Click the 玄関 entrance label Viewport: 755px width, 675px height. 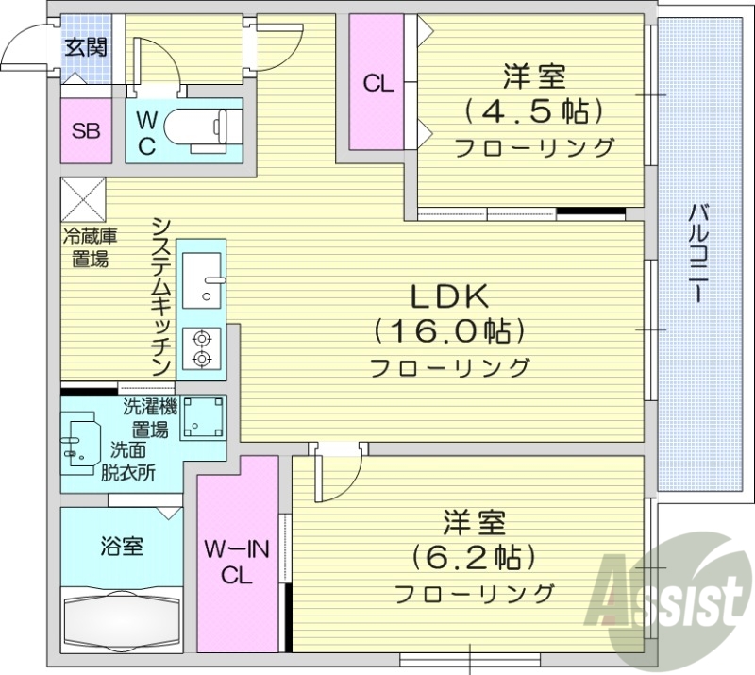click(85, 47)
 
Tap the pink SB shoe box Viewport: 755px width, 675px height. click(86, 130)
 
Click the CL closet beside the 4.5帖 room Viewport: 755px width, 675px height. click(377, 83)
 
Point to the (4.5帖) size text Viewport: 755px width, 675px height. click(533, 111)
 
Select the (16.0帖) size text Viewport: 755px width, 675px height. click(448, 330)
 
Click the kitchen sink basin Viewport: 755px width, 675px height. click(202, 278)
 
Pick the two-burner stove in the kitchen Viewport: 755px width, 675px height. click(201, 347)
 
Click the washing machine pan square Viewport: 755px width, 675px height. click(203, 416)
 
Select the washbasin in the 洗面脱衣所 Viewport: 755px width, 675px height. click(86, 440)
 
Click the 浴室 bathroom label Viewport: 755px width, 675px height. click(122, 545)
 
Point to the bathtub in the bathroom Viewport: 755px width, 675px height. click(122, 618)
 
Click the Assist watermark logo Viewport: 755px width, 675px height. click(665, 591)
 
